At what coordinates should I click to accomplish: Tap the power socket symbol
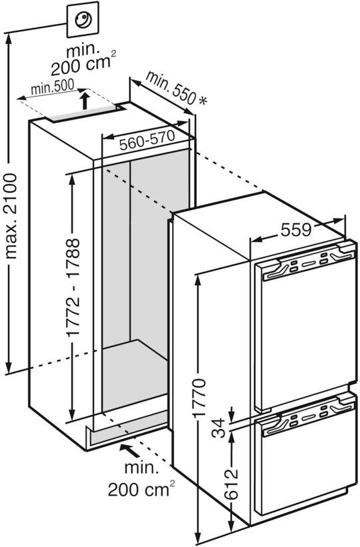pos(83,19)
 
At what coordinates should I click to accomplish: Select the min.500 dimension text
pos(53,87)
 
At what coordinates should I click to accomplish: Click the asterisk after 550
pos(202,101)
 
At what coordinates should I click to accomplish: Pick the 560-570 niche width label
pos(147,140)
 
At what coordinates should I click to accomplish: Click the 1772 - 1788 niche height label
pos(74,287)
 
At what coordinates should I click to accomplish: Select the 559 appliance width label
pos(296,230)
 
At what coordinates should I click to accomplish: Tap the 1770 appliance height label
pos(199,397)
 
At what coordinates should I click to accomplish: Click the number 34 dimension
pos(219,428)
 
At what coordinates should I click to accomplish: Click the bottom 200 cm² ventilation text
pos(141,489)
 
